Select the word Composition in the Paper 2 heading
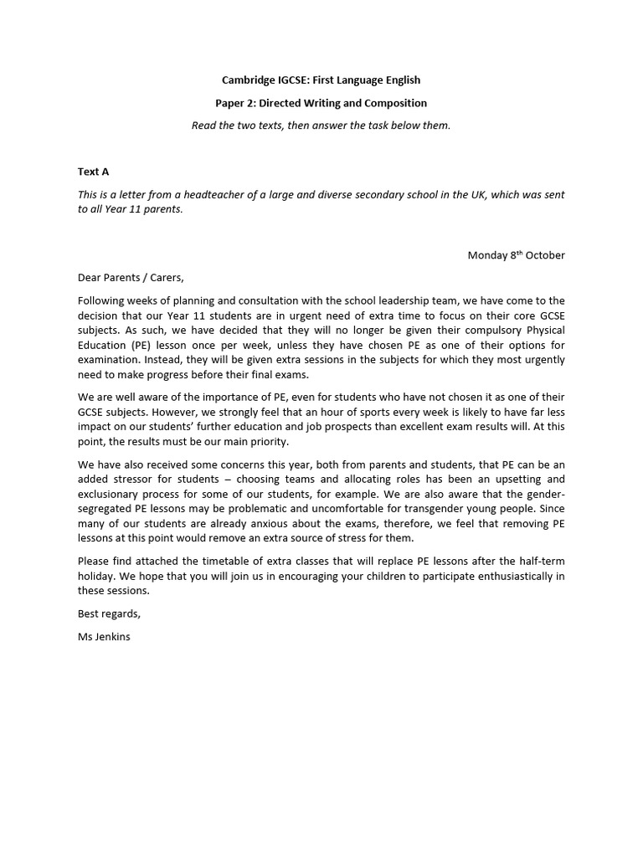point(393,103)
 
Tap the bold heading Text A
point(94,172)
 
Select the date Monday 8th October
point(516,255)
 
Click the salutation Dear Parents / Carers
point(130,278)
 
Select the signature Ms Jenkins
point(104,636)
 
